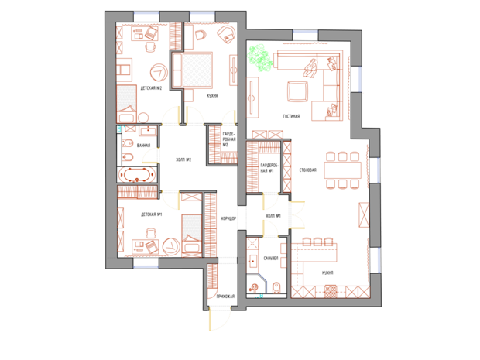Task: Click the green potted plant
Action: click(x=259, y=58)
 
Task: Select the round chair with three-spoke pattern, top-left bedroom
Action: click(x=159, y=72)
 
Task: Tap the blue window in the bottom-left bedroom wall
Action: click(x=145, y=266)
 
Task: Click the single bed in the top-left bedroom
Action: click(x=125, y=100)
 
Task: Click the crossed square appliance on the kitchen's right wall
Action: click(x=365, y=213)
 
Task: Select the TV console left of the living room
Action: click(x=252, y=97)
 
